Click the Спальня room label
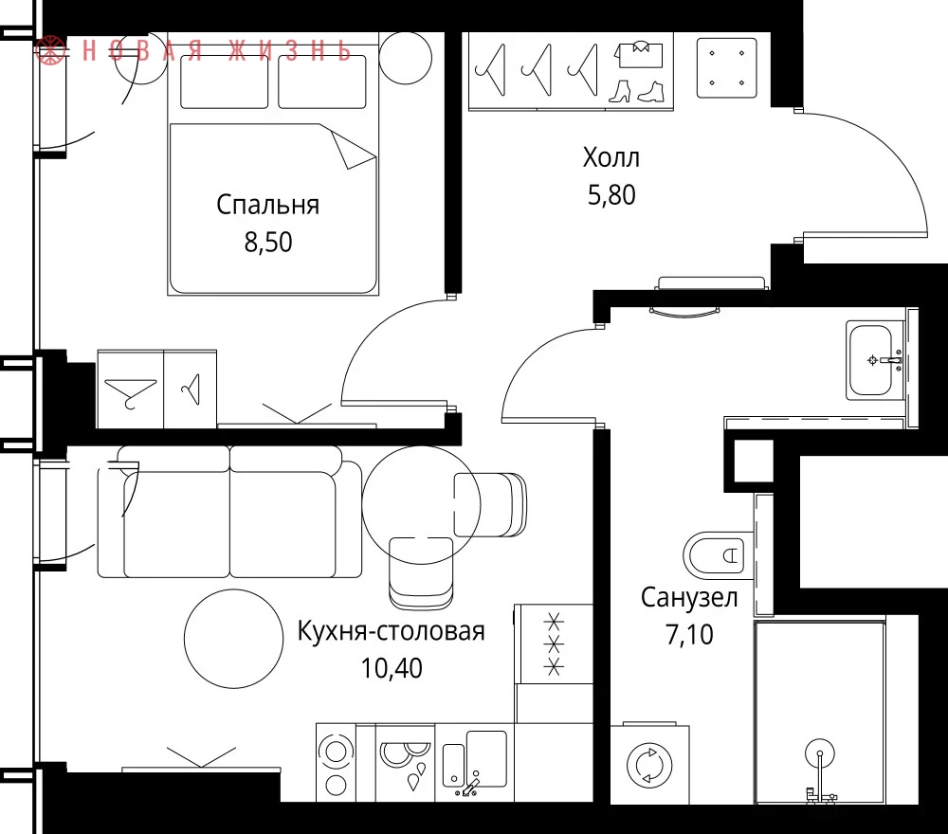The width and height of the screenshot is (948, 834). click(x=268, y=206)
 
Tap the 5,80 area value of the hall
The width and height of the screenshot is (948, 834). click(x=611, y=195)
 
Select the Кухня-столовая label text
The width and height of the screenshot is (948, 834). click(x=392, y=631)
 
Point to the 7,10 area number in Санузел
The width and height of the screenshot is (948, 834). click(x=689, y=635)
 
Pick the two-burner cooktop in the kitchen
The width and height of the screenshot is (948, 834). click(x=337, y=763)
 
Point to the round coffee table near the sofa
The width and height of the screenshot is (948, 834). click(x=233, y=638)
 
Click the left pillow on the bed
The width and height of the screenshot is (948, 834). click(x=225, y=82)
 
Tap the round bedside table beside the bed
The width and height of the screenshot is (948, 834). click(x=405, y=58)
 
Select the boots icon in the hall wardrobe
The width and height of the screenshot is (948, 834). click(x=636, y=92)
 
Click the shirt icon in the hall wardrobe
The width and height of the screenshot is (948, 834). click(x=638, y=54)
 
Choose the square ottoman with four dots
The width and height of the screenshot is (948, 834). click(x=727, y=67)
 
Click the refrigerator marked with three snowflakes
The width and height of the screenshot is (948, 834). click(x=554, y=644)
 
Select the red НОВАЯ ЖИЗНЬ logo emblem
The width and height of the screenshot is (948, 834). click(x=49, y=49)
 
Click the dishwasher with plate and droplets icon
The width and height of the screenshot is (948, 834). click(x=405, y=763)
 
